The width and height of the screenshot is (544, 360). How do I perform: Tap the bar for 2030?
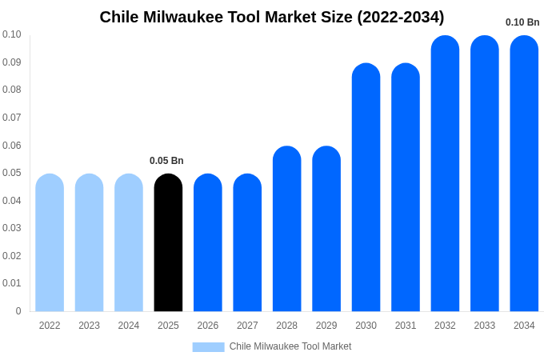tap(366, 187)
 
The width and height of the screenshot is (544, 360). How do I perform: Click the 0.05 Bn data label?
tap(166, 161)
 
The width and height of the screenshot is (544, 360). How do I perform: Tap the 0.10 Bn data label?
tap(522, 22)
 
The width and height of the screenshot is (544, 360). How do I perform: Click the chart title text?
tap(272, 17)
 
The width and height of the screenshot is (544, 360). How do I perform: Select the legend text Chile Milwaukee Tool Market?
tap(290, 346)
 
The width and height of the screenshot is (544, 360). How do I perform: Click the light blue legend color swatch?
tap(208, 346)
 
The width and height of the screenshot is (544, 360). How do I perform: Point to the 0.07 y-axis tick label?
tap(12, 118)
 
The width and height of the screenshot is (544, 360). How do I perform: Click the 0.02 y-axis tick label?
tap(12, 256)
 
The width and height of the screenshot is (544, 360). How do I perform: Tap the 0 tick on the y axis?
tap(18, 311)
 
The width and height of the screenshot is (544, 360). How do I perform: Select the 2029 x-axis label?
tap(326, 326)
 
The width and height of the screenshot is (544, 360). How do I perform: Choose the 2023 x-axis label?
tap(89, 326)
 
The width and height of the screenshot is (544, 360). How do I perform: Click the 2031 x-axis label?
tap(406, 326)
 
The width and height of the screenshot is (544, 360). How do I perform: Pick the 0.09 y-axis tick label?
tap(12, 62)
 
